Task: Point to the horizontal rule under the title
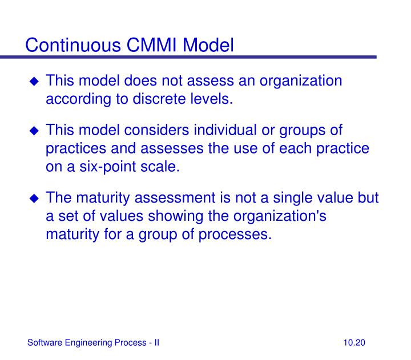(x=188, y=58)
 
